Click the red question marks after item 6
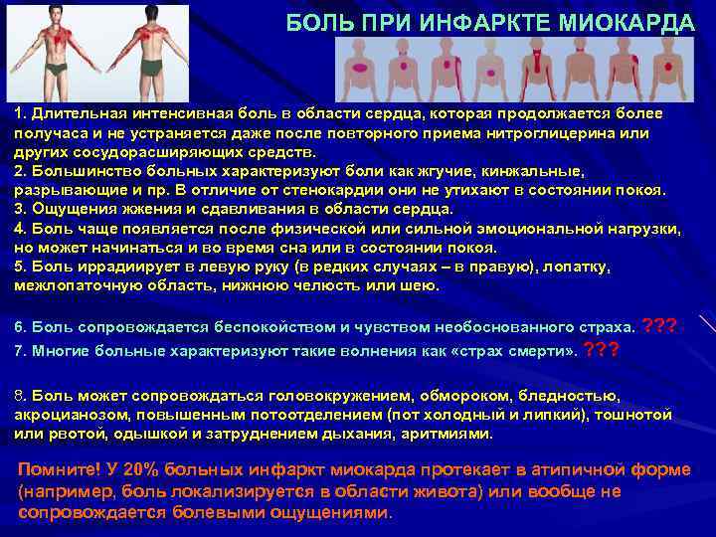tap(660, 325)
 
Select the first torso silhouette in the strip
tap(358, 70)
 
